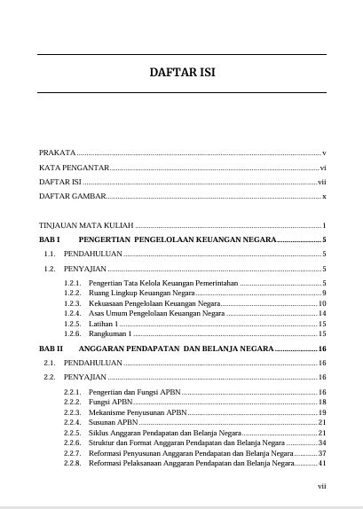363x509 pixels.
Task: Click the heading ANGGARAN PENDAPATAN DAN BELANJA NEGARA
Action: pos(184,349)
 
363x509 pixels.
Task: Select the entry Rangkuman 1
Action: pos(116,333)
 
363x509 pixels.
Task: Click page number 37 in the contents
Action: pos(323,452)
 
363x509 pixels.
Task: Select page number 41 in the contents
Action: pos(323,463)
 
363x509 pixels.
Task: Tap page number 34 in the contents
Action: pos(323,442)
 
